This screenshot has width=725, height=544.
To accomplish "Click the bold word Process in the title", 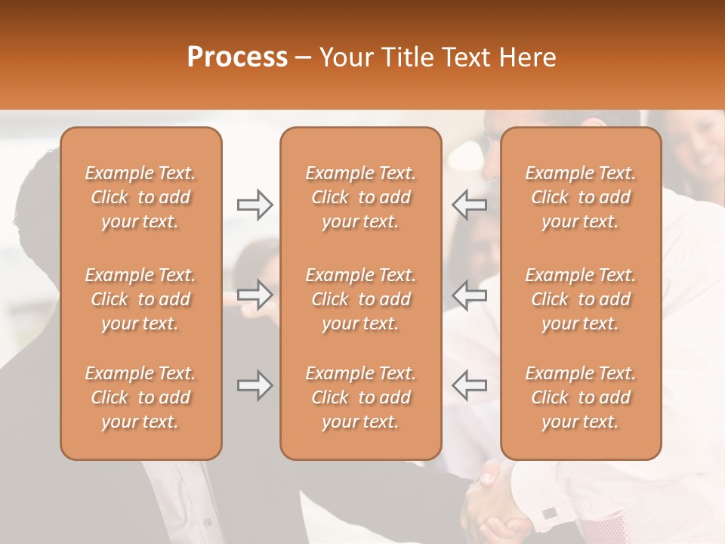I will tap(237, 57).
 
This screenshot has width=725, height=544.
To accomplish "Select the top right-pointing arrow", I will tap(255, 205).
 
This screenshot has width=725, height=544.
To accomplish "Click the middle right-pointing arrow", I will tap(255, 295).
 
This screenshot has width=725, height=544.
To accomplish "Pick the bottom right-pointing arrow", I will tap(255, 385).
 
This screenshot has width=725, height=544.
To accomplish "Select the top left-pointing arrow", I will tap(470, 205).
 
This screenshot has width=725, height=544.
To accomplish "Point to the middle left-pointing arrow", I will tap(470, 295).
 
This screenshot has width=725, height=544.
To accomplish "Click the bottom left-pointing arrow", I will tap(470, 385).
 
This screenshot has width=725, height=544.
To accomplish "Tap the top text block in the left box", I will tap(140, 197).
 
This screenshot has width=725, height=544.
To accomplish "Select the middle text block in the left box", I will tap(140, 299).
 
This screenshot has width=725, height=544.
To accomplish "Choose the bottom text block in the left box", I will tap(140, 397).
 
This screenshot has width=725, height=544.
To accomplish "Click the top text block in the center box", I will tap(360, 197).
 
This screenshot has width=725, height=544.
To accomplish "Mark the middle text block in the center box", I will tap(360, 299).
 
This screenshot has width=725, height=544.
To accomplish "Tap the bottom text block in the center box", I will tap(360, 397).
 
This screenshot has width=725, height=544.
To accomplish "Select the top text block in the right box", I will tap(581, 197).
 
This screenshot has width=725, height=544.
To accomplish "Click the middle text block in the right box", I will tap(581, 299).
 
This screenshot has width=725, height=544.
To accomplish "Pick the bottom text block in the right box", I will tap(581, 397).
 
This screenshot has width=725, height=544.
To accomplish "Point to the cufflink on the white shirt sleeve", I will tap(550, 513).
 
